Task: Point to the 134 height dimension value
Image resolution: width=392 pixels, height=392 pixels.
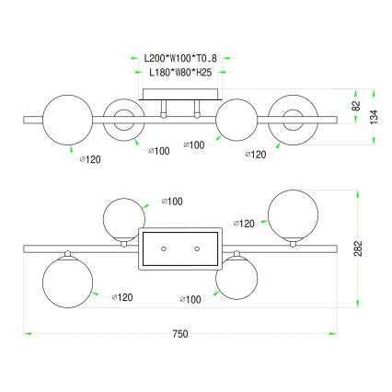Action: click(375, 116)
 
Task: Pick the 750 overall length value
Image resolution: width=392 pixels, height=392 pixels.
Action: click(180, 332)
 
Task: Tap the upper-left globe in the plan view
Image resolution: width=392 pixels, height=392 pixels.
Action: click(123, 217)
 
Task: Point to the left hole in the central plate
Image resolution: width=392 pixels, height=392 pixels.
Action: click(163, 249)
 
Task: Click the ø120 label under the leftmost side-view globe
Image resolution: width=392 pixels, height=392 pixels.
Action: click(88, 159)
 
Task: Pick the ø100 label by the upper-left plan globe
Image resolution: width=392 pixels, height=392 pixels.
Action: click(172, 200)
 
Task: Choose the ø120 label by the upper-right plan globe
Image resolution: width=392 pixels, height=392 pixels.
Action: click(246, 223)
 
